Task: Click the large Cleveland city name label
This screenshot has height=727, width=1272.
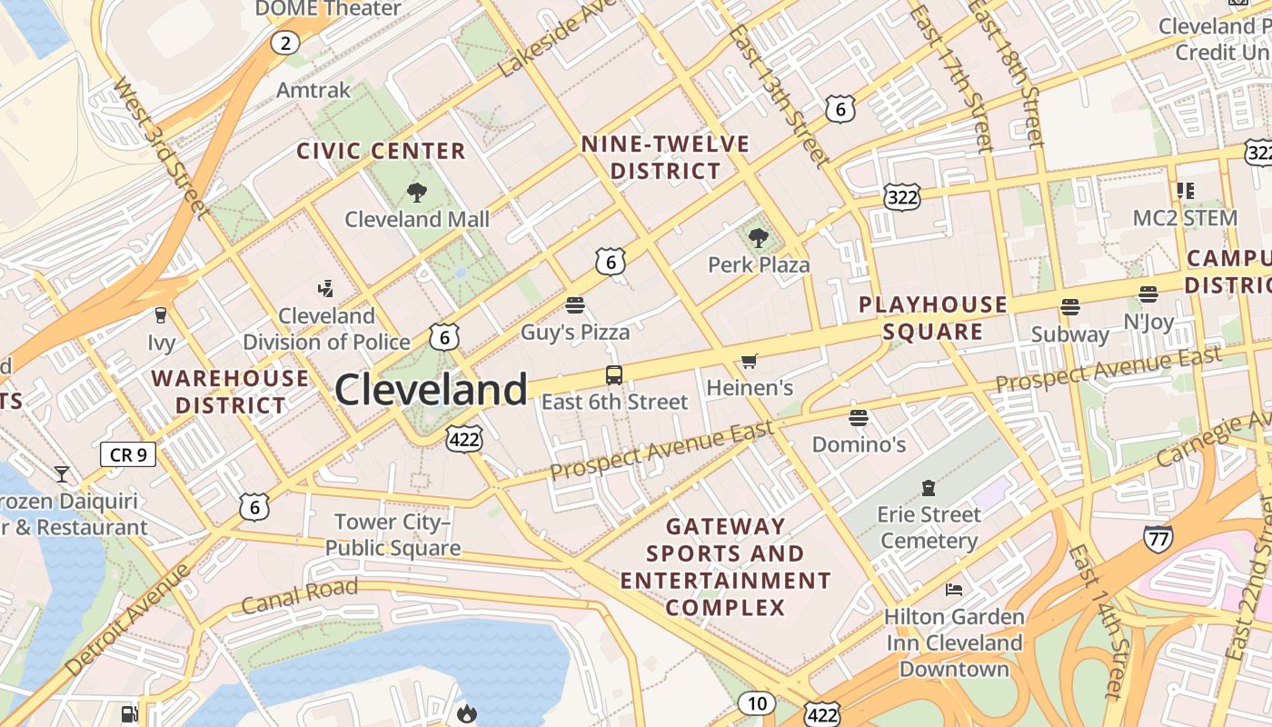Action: (x=431, y=390)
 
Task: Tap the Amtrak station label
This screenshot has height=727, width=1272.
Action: (x=313, y=90)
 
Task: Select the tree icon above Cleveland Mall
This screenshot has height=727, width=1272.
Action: (x=417, y=192)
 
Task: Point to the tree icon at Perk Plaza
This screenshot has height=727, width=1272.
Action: (x=759, y=239)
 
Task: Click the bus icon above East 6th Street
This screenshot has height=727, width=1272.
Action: (x=614, y=374)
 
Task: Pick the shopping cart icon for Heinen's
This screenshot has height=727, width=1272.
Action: (x=750, y=362)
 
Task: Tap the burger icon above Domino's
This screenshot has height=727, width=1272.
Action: (x=859, y=418)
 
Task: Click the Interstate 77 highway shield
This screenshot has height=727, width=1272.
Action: (x=1158, y=537)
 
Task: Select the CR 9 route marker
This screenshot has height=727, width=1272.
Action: (x=128, y=453)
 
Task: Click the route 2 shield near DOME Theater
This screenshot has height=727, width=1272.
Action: (x=285, y=42)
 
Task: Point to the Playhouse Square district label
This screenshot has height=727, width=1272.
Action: (x=933, y=318)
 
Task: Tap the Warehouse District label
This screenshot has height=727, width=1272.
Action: (x=231, y=392)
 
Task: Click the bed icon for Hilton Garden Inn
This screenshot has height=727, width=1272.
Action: (x=953, y=590)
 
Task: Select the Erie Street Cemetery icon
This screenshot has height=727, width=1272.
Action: (x=929, y=488)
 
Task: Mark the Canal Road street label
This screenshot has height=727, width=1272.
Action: (x=299, y=596)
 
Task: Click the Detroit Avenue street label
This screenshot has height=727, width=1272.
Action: (x=128, y=619)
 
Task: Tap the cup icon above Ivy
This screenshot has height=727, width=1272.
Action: (x=161, y=315)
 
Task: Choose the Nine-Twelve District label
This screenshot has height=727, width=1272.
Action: (x=665, y=157)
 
